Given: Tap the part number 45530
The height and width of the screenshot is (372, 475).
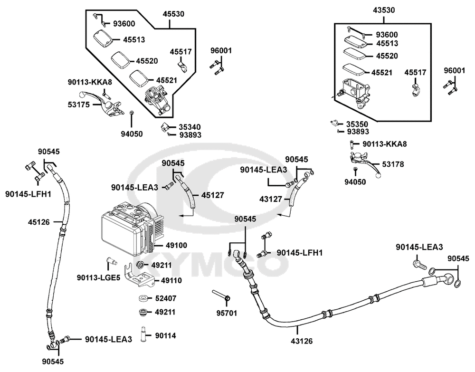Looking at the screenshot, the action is pos(173,14).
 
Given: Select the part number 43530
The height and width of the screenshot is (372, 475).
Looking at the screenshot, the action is pos(384,10).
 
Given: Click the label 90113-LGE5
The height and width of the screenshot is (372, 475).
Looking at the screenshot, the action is pos(98,277).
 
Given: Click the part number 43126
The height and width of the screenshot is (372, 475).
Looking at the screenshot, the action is pos(302,341).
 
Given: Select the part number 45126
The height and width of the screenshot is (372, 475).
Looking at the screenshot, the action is pos(39,222).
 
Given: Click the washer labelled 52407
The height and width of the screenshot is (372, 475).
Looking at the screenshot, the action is pos(144,298).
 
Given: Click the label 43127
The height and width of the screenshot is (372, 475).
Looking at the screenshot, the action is pos(271,200).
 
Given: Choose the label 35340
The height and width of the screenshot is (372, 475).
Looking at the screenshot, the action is pos(190,127).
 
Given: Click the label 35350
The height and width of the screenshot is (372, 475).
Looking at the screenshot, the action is pos(357,124).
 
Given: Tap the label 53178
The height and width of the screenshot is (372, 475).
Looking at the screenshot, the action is pos(393,164).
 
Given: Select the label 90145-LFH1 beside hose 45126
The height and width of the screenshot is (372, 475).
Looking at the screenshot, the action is pos(28,194).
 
